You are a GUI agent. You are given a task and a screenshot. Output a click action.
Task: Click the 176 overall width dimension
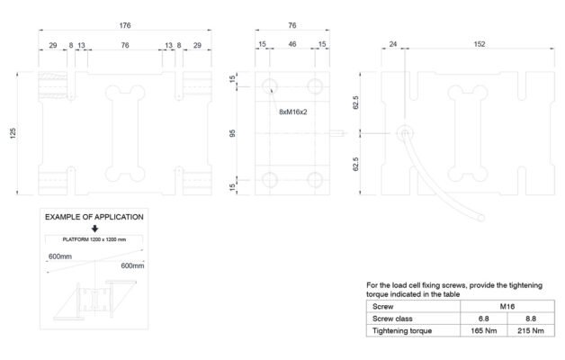tap(125, 24)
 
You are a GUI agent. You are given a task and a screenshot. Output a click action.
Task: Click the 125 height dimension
tap(13, 133)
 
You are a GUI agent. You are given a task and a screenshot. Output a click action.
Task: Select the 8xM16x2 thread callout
tap(293, 112)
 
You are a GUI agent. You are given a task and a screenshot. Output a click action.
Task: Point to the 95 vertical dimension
tap(234, 133)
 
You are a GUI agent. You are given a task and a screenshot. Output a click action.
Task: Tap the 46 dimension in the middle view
tap(292, 44)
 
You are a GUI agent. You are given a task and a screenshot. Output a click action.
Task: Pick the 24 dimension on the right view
tap(392, 44)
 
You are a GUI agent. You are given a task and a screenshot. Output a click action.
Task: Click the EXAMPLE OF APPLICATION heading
tap(94, 217)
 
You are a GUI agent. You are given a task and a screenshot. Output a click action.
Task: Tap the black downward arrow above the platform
tap(95, 229)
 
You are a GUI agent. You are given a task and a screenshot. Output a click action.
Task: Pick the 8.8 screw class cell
tap(533, 319)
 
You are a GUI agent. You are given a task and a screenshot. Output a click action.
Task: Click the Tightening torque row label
tap(403, 331)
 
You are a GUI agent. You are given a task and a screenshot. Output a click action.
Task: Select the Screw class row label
tap(393, 319)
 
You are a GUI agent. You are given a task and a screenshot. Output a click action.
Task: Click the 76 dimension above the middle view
tap(292, 24)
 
